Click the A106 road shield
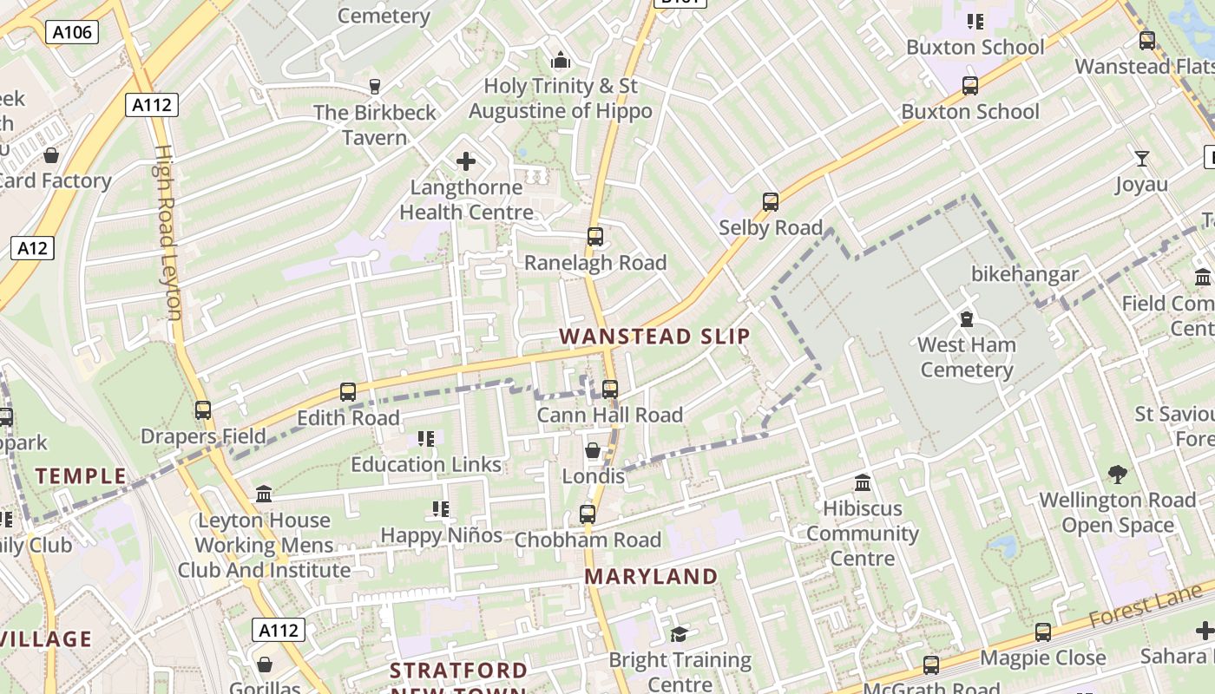coord(72,33)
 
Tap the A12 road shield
coord(33,248)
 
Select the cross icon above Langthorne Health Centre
coord(466,161)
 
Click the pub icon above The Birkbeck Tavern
coord(375,86)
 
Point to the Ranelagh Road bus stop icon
coord(594,236)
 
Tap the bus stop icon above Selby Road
coord(770,202)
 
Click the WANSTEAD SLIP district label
coord(654,337)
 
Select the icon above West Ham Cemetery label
coord(966,318)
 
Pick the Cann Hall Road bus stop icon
coord(610,389)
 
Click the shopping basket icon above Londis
coord(593,450)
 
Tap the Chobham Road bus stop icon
coord(588,514)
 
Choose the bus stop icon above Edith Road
coord(348,391)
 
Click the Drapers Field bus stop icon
coord(203,409)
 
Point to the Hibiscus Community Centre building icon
coord(863,482)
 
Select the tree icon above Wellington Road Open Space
coord(1118,474)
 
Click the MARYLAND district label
coord(651,576)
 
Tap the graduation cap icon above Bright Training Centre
coord(679,634)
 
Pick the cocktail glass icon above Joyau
coord(1142,158)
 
